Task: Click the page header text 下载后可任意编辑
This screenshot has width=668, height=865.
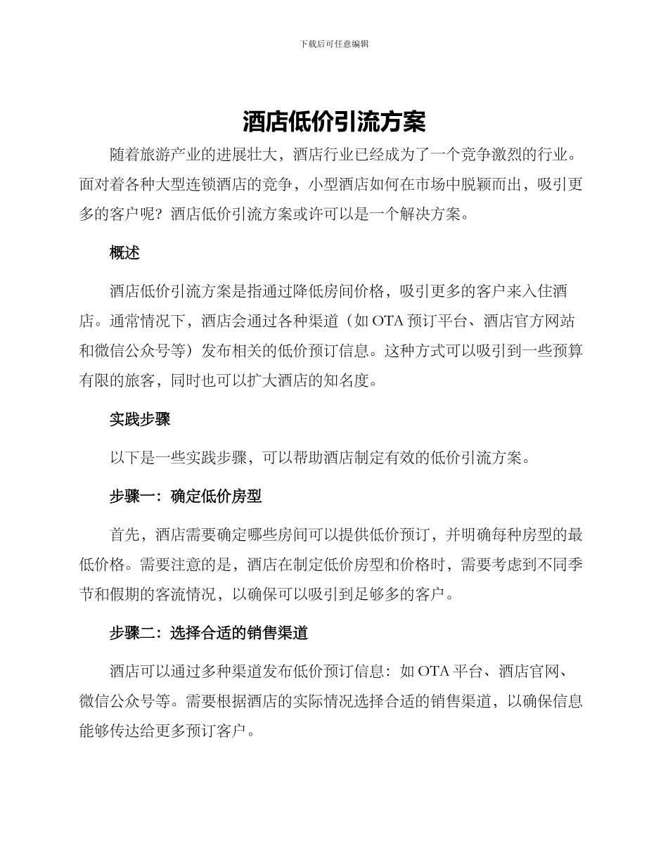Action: [x=334, y=44]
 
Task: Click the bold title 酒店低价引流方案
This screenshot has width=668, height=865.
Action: [x=334, y=122]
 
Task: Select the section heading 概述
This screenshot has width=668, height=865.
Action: [x=124, y=253]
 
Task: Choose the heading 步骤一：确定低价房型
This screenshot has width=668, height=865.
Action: [x=186, y=496]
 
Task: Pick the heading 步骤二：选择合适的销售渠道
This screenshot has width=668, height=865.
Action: [x=209, y=633]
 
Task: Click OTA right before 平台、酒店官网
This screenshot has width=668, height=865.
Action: [x=433, y=671]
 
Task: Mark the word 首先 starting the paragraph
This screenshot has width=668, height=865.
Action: [x=124, y=535]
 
